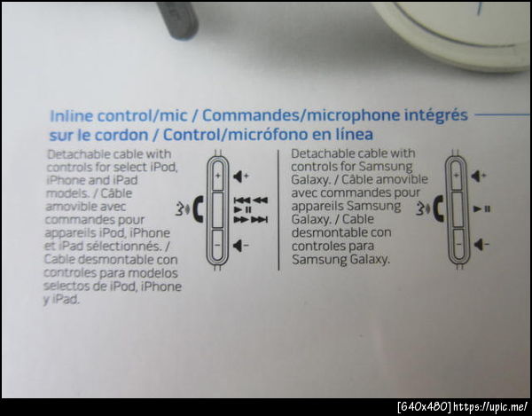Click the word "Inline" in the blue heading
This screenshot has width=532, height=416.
(71, 116)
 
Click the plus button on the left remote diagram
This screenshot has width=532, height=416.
(217, 177)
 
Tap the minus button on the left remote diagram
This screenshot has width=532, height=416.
(217, 244)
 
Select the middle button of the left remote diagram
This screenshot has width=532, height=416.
(217, 210)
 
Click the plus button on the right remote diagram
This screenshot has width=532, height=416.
(457, 176)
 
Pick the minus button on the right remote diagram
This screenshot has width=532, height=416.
(458, 243)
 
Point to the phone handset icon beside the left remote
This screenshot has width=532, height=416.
(198, 209)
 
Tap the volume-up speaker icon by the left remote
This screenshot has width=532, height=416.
(241, 177)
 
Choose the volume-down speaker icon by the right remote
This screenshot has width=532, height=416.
(481, 244)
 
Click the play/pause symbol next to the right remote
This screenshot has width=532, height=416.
(481, 209)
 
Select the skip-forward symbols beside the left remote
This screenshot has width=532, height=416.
(251, 220)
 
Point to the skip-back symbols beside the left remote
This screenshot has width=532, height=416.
(251, 200)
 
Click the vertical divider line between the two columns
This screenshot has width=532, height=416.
(278, 210)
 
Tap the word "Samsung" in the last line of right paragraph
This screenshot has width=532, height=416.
(319, 260)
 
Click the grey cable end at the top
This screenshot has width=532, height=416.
(178, 19)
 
